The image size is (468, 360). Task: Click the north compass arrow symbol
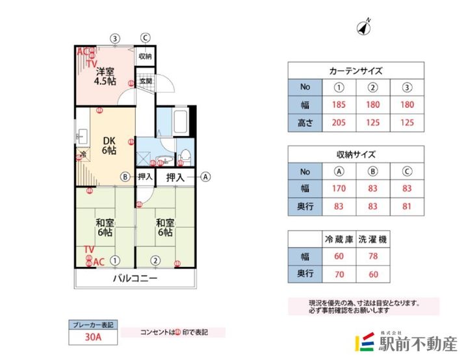coord(363,27)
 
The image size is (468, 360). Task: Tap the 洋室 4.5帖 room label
coord(104,77)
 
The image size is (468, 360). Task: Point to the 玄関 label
coord(145,82)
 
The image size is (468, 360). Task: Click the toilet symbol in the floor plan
coord(185,156)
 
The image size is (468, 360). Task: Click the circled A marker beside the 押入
coord(206,176)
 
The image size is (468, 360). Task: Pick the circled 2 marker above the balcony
coord(155,261)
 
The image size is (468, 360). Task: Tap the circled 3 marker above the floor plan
coord(114,38)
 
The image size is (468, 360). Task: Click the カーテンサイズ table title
coord(355,71)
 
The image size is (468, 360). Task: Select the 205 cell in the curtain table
coord(338,122)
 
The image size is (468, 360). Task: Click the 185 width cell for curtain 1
coord(338,105)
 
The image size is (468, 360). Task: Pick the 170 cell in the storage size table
coord(338,190)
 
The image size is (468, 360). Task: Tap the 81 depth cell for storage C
coord(407,207)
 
